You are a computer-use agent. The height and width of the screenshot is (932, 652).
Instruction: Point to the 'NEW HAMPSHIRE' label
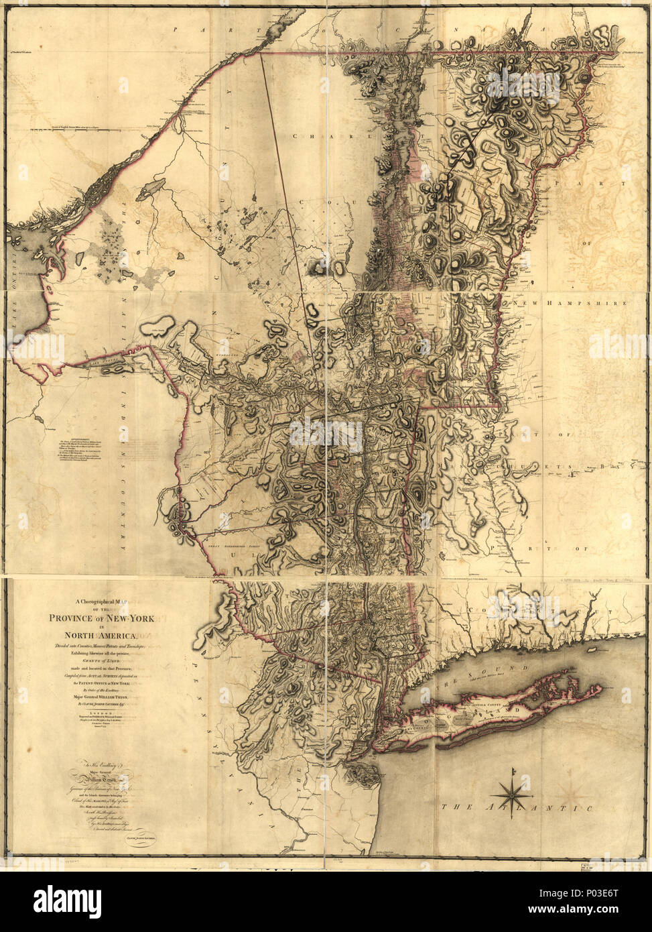tap(570, 303)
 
